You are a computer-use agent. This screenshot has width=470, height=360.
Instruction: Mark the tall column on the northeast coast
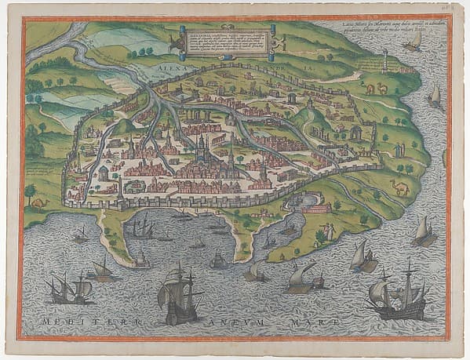385,61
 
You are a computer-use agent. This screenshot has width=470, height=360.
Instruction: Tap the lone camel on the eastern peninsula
400,187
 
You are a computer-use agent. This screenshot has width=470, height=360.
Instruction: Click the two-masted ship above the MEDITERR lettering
68,289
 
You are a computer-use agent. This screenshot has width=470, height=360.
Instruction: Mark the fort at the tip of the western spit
140,262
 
